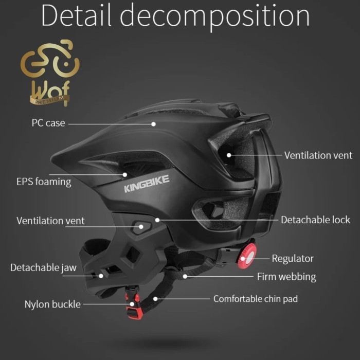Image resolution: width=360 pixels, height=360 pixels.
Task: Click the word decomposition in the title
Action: [x=215, y=16]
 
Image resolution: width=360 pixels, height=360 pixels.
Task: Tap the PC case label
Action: [x=48, y=123]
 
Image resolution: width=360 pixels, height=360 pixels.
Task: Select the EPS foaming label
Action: [x=44, y=182]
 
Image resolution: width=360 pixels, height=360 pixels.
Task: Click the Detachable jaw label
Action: [x=43, y=268]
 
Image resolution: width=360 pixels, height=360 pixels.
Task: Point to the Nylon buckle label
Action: [x=52, y=304]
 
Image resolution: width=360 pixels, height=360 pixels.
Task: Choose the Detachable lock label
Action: [x=315, y=220]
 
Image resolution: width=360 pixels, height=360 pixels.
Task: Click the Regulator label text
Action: [x=293, y=258]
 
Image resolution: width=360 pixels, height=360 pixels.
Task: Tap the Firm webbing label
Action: [x=286, y=277]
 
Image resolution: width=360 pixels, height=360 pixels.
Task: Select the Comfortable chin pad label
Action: [x=256, y=299]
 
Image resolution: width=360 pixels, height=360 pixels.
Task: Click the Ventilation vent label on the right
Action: [x=318, y=155]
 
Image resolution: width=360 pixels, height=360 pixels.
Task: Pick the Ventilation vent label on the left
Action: [x=50, y=221]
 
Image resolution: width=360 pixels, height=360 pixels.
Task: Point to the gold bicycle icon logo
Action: [x=50, y=61]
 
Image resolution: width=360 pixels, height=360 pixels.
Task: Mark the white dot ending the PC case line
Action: [x=153, y=123]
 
